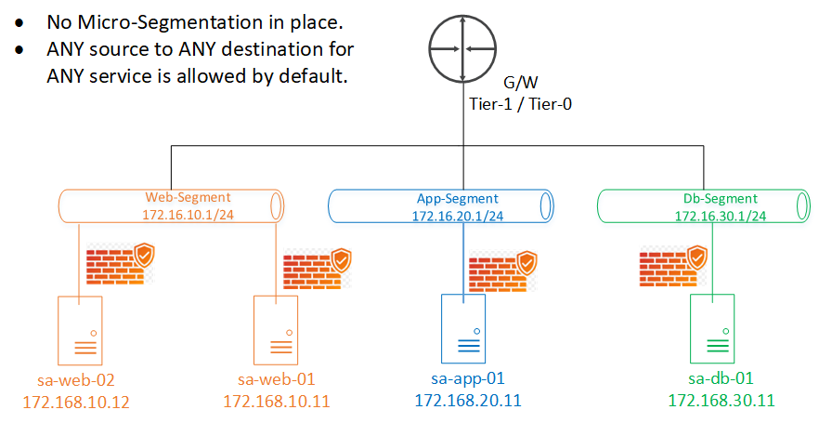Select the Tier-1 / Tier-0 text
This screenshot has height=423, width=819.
519,105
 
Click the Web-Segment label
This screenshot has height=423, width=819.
188,198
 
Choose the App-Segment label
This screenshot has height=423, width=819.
457,198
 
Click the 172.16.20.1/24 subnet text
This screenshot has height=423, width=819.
458,216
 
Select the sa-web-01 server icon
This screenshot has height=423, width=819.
276,329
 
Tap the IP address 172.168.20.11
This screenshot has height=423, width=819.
468,401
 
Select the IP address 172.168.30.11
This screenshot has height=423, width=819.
721,401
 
